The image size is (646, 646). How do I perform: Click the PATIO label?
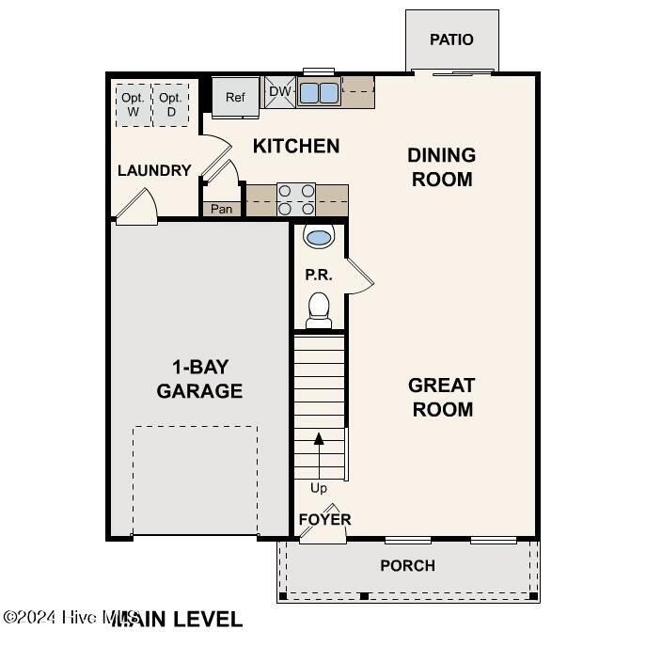point(451,39)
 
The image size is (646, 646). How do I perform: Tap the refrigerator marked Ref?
point(234,97)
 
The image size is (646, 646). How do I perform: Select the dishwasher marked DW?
point(279,91)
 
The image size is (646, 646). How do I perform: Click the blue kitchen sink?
point(319,92)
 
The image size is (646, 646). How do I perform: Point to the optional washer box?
point(133,104)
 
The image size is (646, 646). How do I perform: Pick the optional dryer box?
point(170,104)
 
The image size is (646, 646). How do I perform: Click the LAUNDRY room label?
point(154,170)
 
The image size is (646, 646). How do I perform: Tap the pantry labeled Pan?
point(221,209)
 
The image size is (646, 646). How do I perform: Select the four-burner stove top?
point(296,199)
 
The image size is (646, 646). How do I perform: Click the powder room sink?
point(319,236)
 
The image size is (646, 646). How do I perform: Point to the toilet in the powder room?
point(319,309)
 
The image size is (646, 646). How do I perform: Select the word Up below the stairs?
point(319,488)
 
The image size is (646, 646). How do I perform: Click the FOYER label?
point(324,519)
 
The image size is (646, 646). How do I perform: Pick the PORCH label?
point(407,565)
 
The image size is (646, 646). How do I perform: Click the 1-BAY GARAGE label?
point(199,379)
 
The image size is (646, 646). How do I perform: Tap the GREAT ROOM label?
point(441,397)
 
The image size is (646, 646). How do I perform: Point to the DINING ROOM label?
point(441,166)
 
